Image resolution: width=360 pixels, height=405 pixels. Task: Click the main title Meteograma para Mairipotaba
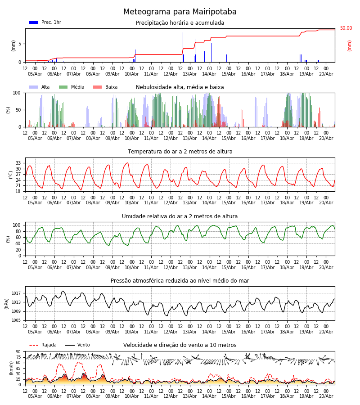pyautogui.click(x=180, y=12)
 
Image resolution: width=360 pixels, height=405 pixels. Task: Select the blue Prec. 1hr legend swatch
pyautogui.click(x=34, y=22)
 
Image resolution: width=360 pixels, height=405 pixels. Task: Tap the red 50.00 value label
pyautogui.click(x=346, y=28)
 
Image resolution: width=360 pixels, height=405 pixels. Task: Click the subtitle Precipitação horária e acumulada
pyautogui.click(x=180, y=23)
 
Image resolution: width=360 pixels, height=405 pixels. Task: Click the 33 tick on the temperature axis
pyautogui.click(x=18, y=163)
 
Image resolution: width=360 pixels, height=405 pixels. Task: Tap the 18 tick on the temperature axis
pyautogui.click(x=18, y=191)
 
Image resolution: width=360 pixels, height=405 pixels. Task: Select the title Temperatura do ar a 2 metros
pyautogui.click(x=180, y=152)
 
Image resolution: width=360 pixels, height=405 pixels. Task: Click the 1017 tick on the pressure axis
pyautogui.click(x=16, y=293)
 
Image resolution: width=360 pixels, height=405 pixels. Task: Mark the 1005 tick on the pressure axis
pyautogui.click(x=16, y=320)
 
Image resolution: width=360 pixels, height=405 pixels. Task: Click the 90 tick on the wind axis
pyautogui.click(x=18, y=351)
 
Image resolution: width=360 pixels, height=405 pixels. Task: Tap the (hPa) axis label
pyautogui.click(x=6, y=304)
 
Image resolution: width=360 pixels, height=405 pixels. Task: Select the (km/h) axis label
pyautogui.click(x=11, y=368)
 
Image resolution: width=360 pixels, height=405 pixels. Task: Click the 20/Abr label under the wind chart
pyautogui.click(x=326, y=396)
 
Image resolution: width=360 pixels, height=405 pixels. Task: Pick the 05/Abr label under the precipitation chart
pyautogui.click(x=35, y=74)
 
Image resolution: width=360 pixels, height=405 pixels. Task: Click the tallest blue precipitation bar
pyautogui.click(x=183, y=47)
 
